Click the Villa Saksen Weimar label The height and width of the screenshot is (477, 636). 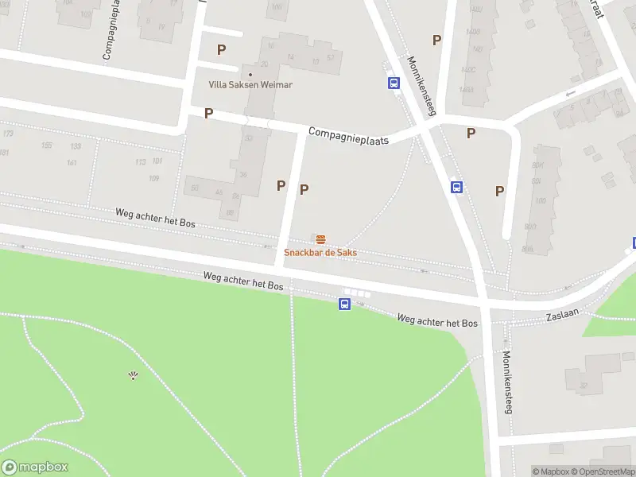point(250,85)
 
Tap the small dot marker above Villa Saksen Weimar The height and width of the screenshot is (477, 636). point(250,74)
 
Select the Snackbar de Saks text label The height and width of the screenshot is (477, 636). point(320,252)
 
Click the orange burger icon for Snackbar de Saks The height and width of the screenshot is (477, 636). point(320,239)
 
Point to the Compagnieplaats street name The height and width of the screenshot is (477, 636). point(348,136)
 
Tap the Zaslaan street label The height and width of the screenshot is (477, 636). point(562,314)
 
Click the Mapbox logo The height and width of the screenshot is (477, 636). point(35,467)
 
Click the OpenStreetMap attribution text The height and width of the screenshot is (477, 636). point(602,471)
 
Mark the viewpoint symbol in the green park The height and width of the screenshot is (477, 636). point(133,375)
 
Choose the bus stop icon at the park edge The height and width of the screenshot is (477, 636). point(345,304)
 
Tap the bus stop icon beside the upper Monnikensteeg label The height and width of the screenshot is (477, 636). point(393,83)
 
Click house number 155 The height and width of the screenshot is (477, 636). point(47,145)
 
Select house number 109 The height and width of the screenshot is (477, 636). point(154,178)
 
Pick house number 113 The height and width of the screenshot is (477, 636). point(141,162)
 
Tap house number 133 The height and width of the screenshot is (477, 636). point(76,147)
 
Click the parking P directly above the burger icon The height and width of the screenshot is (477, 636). point(304,189)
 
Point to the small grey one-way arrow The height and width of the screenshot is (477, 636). point(569,95)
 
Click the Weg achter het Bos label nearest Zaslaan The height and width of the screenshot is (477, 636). point(437,321)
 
